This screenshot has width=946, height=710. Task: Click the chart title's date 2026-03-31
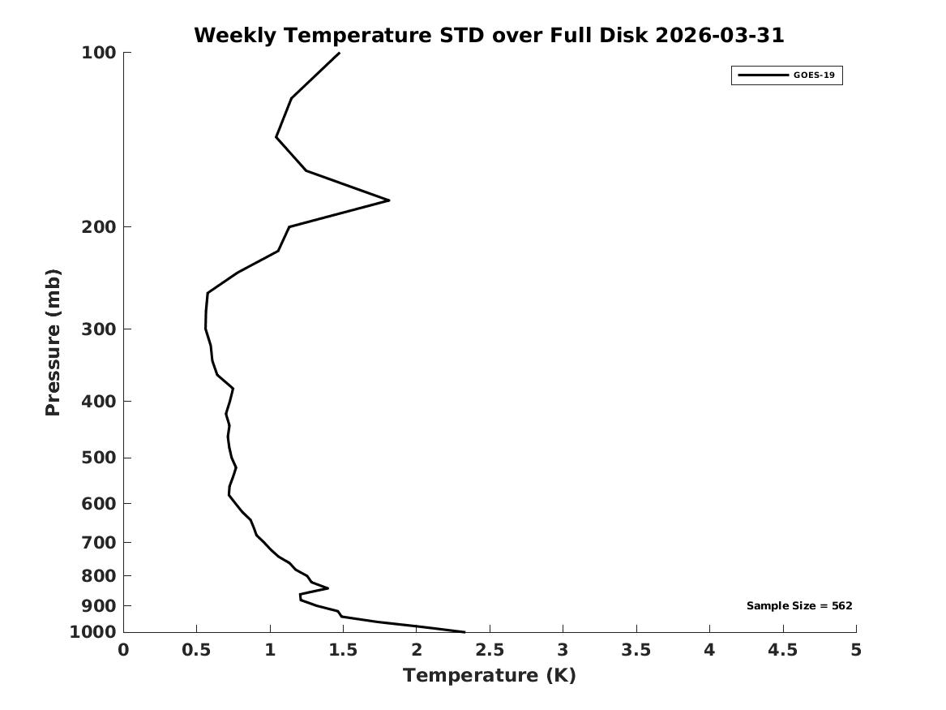point(719,35)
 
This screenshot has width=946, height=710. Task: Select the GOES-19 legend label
point(814,75)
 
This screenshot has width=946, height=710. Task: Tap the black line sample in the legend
point(763,75)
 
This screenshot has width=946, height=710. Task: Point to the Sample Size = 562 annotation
point(799,605)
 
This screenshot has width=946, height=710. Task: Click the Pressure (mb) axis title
point(53,342)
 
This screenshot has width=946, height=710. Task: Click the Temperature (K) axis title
point(490,676)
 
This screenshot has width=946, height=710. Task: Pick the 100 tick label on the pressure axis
point(98,53)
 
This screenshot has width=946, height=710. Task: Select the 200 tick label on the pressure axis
point(98,227)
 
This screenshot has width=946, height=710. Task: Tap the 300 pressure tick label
point(98,329)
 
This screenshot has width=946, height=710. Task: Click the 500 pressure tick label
point(98,458)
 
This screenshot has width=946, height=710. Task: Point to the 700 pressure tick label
point(98,542)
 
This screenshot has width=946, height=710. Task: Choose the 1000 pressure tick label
point(93,632)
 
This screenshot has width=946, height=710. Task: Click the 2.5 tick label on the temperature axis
point(490,650)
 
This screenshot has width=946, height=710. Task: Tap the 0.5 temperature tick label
point(197,650)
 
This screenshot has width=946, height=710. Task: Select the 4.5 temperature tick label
point(783,650)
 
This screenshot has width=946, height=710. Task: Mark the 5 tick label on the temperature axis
point(856,650)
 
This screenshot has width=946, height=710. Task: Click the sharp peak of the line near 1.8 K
point(388,200)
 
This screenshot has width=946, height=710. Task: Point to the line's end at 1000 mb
point(464,631)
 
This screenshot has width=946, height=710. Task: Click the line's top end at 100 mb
point(339,53)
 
